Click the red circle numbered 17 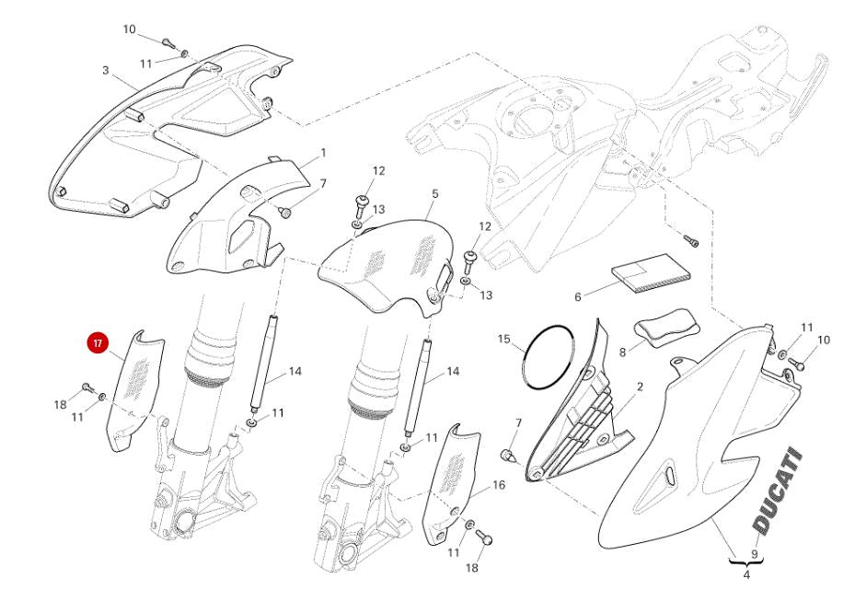coord(98,343)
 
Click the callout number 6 coord(578,297)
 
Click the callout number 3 coord(106,71)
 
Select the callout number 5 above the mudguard coord(434,194)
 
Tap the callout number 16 coord(498,485)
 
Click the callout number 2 coord(640,387)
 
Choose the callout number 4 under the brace coord(746,575)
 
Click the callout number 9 coord(755,554)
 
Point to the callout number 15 coord(504,339)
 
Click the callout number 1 coord(323,153)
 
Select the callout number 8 coord(622,352)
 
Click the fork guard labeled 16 coord(450,483)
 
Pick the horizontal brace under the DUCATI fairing coord(746,562)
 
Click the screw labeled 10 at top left coord(167,42)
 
